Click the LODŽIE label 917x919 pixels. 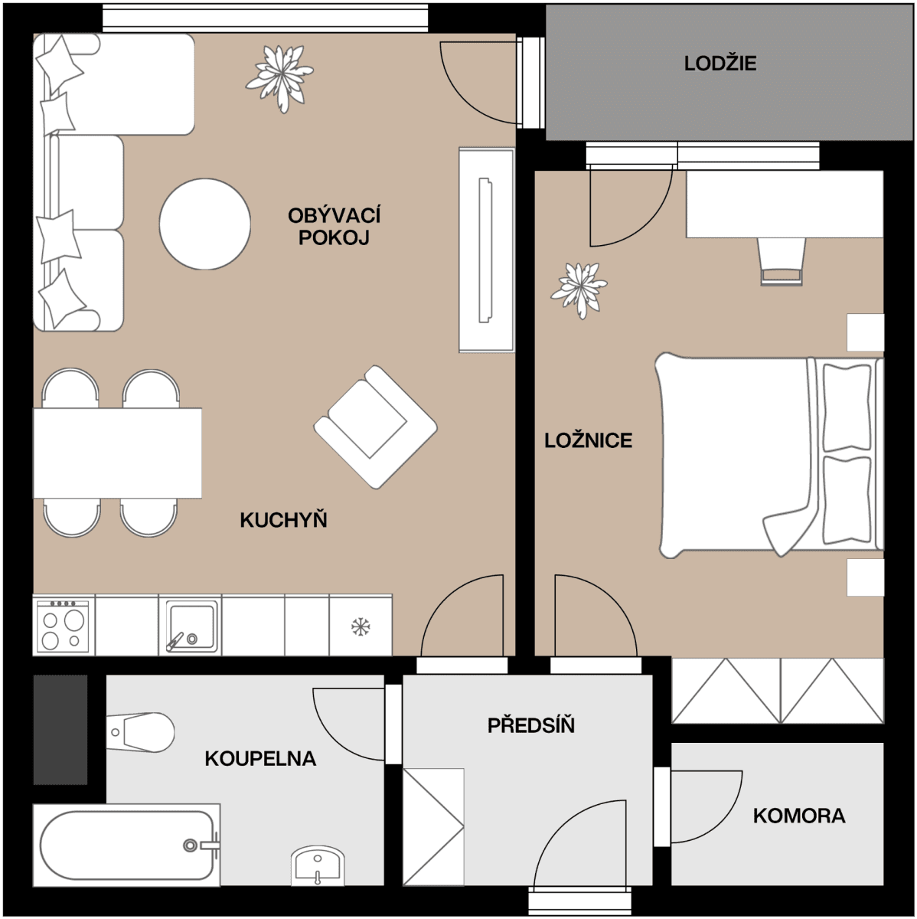tap(720, 64)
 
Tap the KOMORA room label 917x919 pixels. tap(798, 816)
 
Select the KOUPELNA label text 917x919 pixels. tap(260, 759)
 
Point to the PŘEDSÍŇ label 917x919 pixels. tap(530, 725)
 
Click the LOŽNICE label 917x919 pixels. tap(588, 440)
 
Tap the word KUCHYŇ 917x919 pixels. tap(283, 520)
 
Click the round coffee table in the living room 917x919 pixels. tap(204, 224)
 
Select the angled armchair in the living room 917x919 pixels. tap(375, 427)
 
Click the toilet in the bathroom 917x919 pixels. tap(142, 732)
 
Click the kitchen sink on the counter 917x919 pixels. tap(191, 626)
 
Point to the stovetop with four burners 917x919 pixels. tap(62, 626)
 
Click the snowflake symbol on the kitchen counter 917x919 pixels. tap(361, 626)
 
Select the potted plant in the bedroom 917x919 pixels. tap(579, 289)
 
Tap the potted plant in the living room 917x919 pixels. tap(281, 77)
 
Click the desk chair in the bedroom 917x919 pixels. tap(782, 262)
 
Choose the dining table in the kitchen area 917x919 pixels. tap(117, 453)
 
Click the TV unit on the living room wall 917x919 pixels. tap(486, 250)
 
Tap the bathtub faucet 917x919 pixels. tap(207, 845)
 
